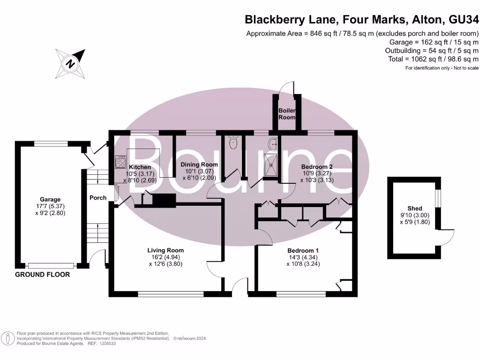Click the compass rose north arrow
tap(70, 63)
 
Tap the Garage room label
tap(50, 200)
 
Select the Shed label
tap(415, 208)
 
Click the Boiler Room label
tap(286, 114)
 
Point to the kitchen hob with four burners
tap(120, 162)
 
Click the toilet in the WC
tap(233, 142)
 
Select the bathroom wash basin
tap(273, 143)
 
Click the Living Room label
tap(165, 250)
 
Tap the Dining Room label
tap(199, 165)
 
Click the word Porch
tap(98, 198)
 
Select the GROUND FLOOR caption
tap(43, 275)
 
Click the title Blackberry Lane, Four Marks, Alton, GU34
tap(362, 20)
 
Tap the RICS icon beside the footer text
tap(8, 338)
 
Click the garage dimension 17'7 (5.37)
tap(50, 206)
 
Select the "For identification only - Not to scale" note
tap(442, 68)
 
